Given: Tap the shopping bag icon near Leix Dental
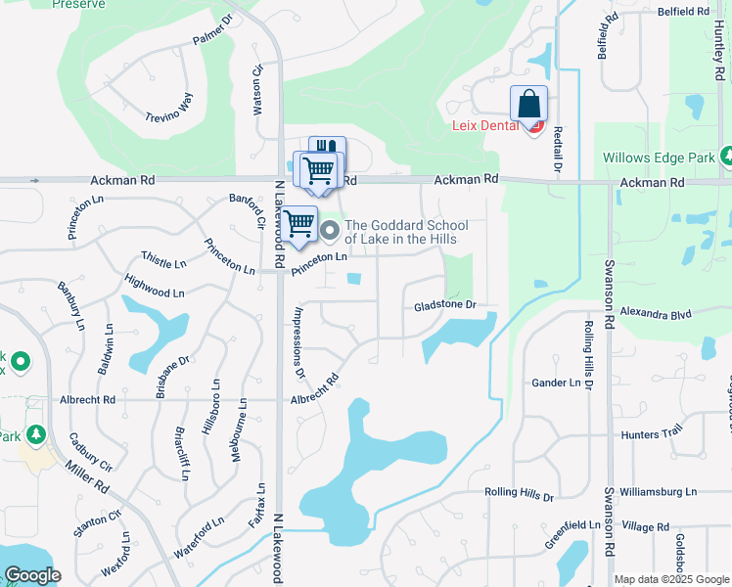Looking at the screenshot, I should pyautogui.click(x=528, y=104).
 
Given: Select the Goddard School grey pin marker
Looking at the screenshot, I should pyautogui.click(x=331, y=232).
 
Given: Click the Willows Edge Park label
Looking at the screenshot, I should pyautogui.click(x=659, y=158).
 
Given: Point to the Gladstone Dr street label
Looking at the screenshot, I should pyautogui.click(x=444, y=305).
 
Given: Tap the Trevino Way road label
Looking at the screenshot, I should pyautogui.click(x=172, y=108).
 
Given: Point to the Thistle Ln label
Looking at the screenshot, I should pyautogui.click(x=163, y=263).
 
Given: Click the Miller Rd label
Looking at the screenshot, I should pyautogui.click(x=89, y=479).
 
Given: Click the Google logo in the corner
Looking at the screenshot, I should pyautogui.click(x=32, y=575).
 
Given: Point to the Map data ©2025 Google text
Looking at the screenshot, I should pyautogui.click(x=671, y=579).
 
